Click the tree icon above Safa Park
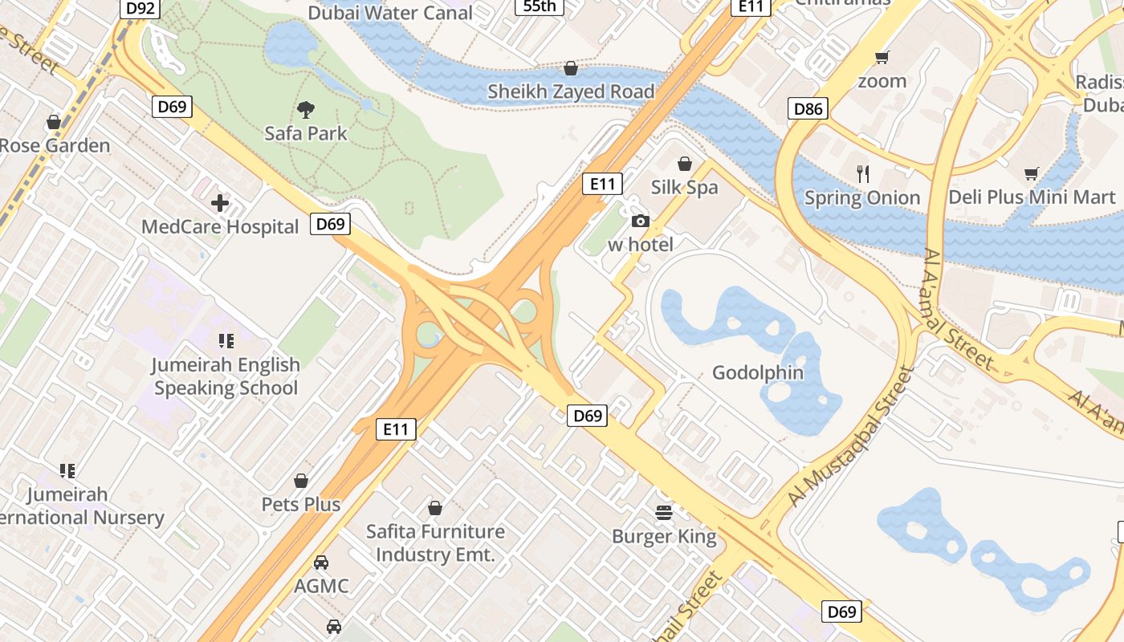pos(305,110)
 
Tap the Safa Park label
pos(305,133)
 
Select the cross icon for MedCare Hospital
pos(220,203)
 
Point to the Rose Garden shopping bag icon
pos(54,122)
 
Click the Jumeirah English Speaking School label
pos(226,376)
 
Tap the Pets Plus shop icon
pos(301,481)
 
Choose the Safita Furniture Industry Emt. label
pos(435,542)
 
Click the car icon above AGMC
pos(321,563)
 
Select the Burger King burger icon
pos(664,512)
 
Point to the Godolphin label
pos(758,372)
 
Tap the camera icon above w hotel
pos(640,221)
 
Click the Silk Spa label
pos(684,188)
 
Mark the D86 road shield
pos(808,108)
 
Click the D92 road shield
pos(142,8)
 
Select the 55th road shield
pos(539,6)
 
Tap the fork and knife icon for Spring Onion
pos(863,173)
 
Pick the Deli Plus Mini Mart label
pos(1032,197)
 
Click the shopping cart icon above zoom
pos(882,57)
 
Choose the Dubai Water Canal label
pos(390,13)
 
